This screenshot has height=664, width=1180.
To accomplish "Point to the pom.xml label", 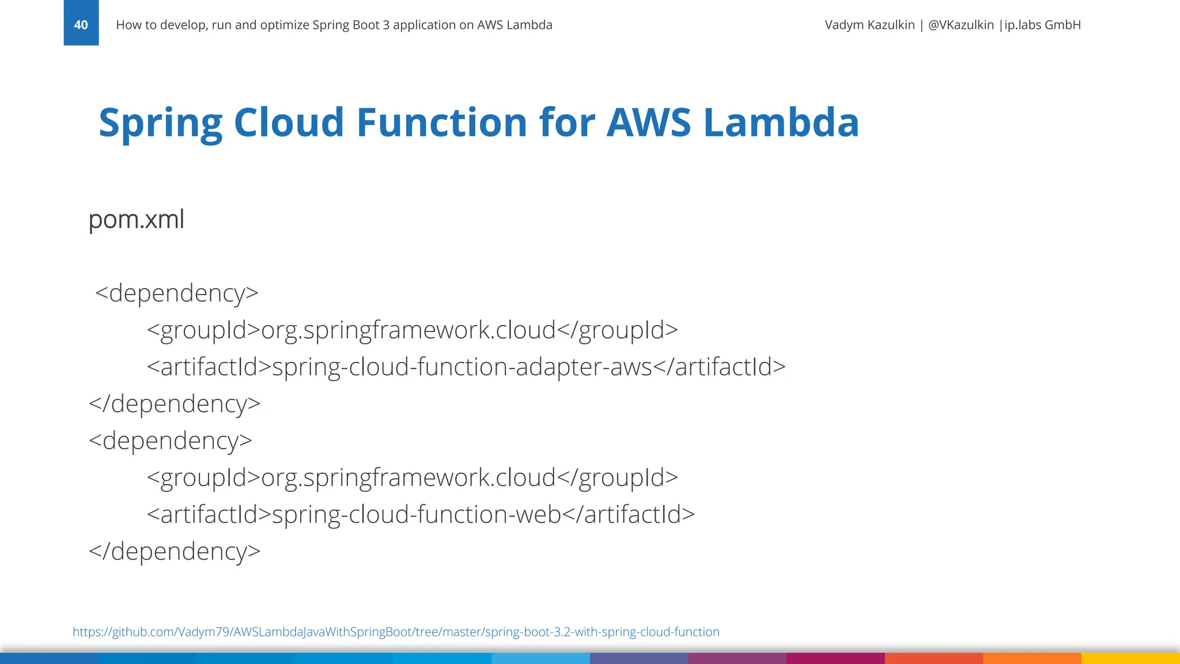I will click(137, 220).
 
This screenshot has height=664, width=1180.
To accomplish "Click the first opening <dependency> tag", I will click(176, 293).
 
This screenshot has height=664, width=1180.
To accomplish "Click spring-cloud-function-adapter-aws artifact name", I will click(462, 367).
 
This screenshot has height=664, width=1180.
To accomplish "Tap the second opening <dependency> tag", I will click(171, 441).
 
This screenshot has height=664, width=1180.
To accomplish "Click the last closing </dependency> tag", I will click(175, 552).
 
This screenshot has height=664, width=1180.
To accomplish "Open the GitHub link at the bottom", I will click(396, 632).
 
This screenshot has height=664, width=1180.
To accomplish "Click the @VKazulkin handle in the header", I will click(960, 25).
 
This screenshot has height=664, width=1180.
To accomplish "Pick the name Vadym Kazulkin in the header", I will click(869, 25).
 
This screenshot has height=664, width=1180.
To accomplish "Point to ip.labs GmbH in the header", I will click(1042, 25).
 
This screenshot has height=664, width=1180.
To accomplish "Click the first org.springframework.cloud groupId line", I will click(408, 330).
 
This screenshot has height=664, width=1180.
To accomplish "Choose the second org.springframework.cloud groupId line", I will click(408, 478).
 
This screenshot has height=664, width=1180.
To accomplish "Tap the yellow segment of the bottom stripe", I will click(1130, 658).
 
